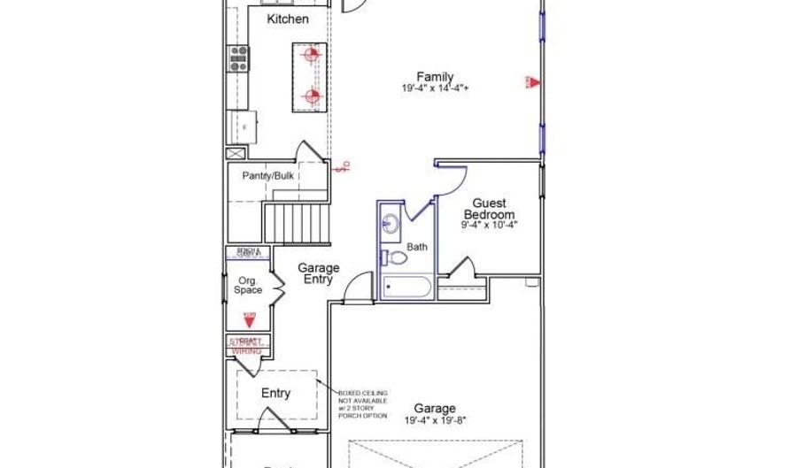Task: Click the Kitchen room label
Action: tap(288, 19)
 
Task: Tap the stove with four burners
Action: tap(238, 58)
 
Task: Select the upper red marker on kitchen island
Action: tap(310, 56)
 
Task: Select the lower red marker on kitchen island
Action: tap(311, 96)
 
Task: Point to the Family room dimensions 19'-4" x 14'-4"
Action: tap(435, 88)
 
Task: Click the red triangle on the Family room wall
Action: tap(532, 82)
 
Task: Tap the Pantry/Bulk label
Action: tap(268, 175)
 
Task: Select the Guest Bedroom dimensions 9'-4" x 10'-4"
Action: tap(489, 226)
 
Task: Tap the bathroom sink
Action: tap(391, 223)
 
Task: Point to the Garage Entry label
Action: tap(318, 273)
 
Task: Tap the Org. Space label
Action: tap(248, 285)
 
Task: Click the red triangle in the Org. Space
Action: tap(249, 320)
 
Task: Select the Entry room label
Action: tap(275, 393)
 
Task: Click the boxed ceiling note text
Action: tap(363, 403)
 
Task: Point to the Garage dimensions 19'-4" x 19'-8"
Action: tap(435, 419)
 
